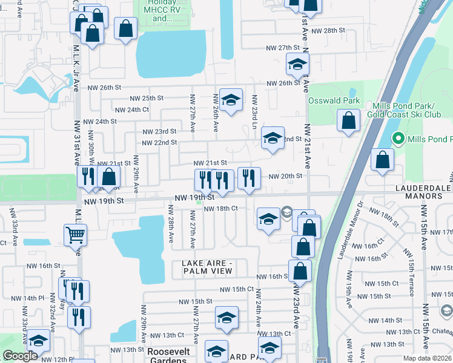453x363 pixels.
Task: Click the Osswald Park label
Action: point(334,100)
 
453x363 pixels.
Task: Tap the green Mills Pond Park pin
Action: point(398,139)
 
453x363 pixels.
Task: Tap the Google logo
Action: point(20,356)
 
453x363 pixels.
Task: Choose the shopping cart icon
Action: point(75,234)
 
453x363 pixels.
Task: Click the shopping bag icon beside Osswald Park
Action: point(349,120)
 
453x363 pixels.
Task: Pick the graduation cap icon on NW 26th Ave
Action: point(230,100)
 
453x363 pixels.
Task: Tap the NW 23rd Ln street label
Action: point(255,109)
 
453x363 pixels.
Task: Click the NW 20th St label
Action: point(285,176)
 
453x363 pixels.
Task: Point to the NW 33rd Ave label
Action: point(11,223)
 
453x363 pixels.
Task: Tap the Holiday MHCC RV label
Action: point(160,11)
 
